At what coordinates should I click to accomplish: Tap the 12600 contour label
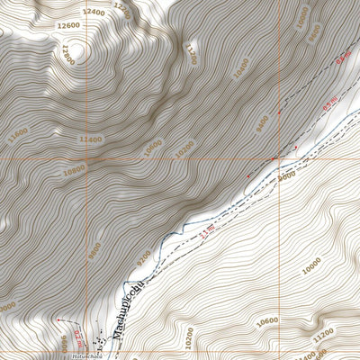point(67,26)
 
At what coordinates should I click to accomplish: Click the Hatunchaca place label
point(80,356)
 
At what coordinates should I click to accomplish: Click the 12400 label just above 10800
point(90,139)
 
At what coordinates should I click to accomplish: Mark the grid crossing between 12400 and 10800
point(88,159)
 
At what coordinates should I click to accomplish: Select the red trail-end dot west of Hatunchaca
point(58,320)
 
